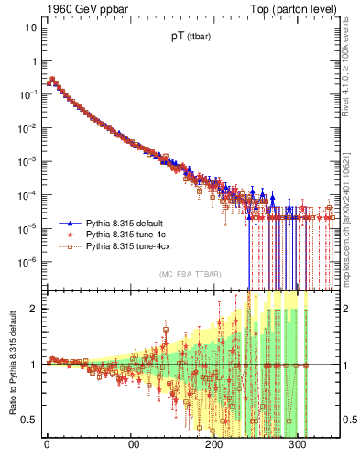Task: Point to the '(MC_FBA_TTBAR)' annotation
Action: [189, 275]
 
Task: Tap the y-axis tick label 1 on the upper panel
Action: [33, 60]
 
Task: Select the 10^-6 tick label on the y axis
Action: [27, 262]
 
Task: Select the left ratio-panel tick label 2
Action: [33, 308]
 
